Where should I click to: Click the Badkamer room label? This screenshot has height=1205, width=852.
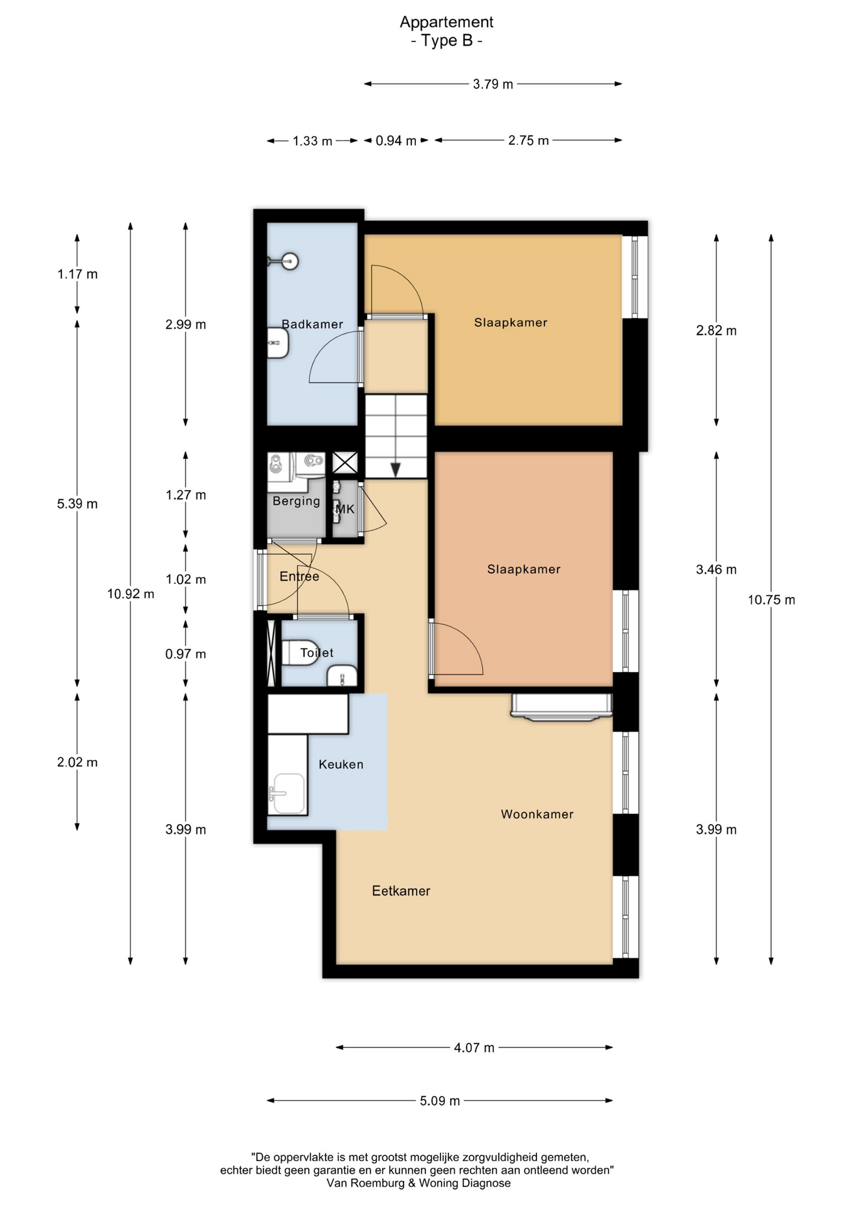pos(312,324)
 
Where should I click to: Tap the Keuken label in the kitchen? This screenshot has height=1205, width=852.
pos(341,764)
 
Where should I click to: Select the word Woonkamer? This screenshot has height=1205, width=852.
pos(537,814)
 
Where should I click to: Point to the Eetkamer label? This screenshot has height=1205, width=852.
pos(401,891)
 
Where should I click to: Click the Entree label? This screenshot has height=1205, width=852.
pos(299,576)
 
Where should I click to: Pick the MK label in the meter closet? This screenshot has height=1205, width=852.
pos(345,509)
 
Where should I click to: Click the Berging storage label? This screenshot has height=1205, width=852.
pos(296,501)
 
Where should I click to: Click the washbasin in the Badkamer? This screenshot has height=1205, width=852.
pos(278,343)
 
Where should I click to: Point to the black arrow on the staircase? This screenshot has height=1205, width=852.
pos(396,469)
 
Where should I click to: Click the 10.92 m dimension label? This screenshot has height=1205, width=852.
pos(130,594)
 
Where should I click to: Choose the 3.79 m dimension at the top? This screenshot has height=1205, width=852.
pos(493,84)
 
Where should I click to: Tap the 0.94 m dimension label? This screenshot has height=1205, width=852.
pos(396,141)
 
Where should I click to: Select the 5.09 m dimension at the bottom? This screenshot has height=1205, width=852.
pos(440,1101)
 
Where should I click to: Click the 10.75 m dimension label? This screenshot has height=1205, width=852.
pos(771,600)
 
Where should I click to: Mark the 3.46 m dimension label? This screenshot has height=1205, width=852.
pos(716,570)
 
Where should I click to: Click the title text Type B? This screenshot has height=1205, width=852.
pos(447,41)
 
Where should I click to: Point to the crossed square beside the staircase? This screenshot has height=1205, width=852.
pos(345,463)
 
